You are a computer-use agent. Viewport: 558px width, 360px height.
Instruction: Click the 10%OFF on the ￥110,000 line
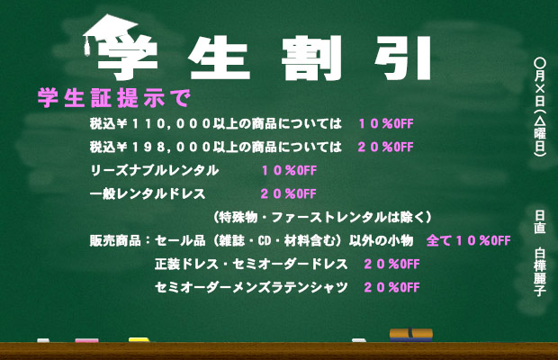click(385, 123)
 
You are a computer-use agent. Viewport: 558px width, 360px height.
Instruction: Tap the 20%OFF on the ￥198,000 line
click(385, 147)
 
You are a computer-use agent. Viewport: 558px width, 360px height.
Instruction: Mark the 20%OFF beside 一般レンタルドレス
click(288, 193)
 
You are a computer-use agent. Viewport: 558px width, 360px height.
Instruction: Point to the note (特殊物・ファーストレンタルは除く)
click(325, 217)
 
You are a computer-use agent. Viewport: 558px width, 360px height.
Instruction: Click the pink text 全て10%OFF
click(467, 240)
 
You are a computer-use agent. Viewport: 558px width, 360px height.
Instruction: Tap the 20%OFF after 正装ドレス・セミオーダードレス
click(391, 264)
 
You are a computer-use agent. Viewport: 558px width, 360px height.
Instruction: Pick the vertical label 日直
click(540, 221)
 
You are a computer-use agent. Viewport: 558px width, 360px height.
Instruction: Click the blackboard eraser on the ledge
click(411, 335)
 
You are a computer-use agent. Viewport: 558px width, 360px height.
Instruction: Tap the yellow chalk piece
click(139, 340)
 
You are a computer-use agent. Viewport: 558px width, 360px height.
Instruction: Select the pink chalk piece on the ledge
click(86, 340)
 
